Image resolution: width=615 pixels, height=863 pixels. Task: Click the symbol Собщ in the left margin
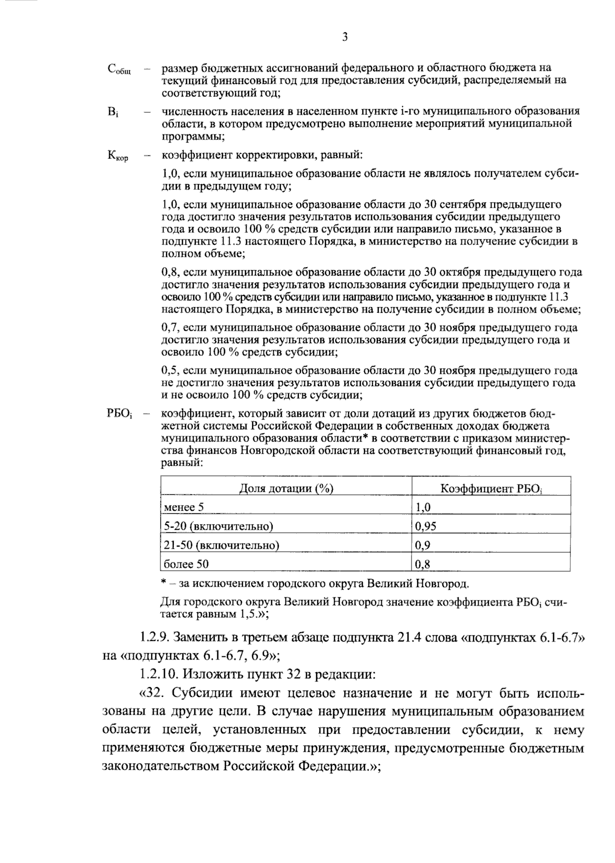click(x=119, y=70)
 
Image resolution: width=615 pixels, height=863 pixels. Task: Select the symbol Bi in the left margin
click(x=113, y=112)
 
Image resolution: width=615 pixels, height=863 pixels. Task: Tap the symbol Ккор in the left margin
click(x=118, y=156)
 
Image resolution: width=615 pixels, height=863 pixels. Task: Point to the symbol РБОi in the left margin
click(x=120, y=414)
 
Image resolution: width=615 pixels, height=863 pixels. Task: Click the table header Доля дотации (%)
click(x=286, y=488)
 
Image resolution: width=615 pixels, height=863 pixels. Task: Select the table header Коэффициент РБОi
click(x=491, y=489)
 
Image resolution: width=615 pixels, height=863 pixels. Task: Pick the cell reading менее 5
click(x=183, y=508)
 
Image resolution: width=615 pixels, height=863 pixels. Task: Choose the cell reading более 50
click(x=186, y=564)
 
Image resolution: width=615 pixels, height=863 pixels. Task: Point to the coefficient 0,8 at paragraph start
click(x=170, y=272)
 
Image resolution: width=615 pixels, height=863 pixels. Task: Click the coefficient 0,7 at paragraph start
click(x=170, y=328)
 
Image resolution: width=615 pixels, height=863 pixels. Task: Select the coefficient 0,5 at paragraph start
click(x=170, y=371)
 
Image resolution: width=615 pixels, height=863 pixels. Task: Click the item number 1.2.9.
click(x=154, y=638)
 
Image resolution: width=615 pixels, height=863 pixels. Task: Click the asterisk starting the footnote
click(x=163, y=583)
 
